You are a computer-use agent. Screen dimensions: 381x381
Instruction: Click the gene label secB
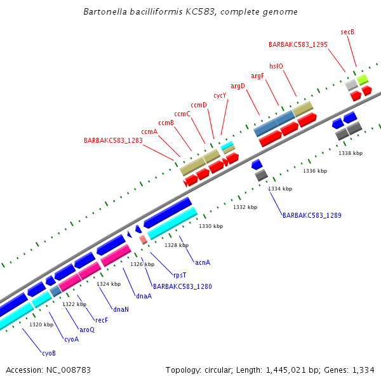tap(347, 32)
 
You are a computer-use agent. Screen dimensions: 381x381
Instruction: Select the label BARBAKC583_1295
tap(298, 44)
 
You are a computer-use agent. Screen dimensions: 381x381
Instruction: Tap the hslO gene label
tap(276, 65)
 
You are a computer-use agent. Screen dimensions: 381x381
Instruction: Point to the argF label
tap(257, 76)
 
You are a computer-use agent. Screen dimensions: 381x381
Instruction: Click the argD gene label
tap(237, 86)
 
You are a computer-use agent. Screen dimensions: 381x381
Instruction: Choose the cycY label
tap(220, 95)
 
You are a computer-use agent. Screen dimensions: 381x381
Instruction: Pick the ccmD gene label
tap(199, 105)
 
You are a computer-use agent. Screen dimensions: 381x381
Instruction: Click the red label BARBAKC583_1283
tap(113, 140)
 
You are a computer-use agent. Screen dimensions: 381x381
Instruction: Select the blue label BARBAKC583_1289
tap(312, 216)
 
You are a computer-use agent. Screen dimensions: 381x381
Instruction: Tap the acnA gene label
tap(203, 262)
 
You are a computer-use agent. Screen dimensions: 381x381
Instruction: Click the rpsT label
tap(180, 275)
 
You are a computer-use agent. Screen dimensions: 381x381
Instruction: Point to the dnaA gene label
tap(144, 296)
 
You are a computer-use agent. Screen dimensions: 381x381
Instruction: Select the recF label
tap(102, 320)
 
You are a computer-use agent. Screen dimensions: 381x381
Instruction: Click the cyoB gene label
tap(49, 353)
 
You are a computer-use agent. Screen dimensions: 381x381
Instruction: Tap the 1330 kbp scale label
tap(211, 226)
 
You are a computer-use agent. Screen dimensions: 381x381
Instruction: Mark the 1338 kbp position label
tap(351, 153)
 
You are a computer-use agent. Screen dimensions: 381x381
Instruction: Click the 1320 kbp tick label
tap(41, 324)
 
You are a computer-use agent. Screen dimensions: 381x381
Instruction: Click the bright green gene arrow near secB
tap(362, 79)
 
